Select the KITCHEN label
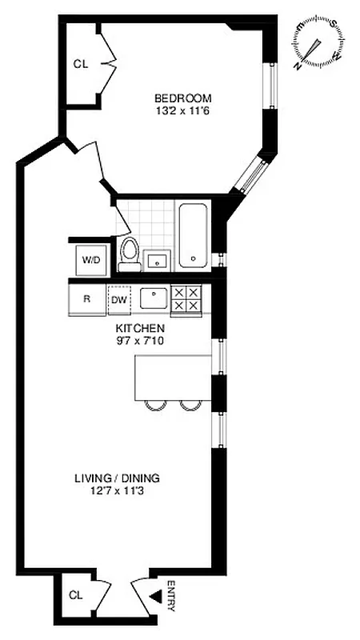tap(140, 328)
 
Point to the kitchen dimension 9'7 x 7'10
tap(140, 341)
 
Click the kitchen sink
tap(154, 298)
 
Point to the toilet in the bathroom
tap(128, 251)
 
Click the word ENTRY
tap(171, 596)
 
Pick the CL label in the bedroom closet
tap(80, 64)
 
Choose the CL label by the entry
tap(75, 595)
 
